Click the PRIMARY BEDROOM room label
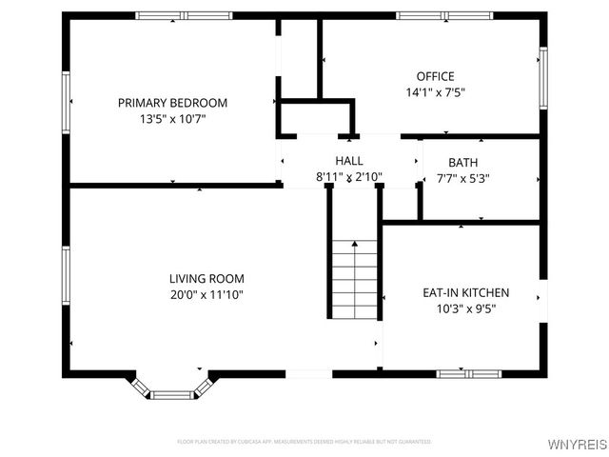tap(172, 103)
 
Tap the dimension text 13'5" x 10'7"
tap(172, 119)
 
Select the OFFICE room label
tap(435, 76)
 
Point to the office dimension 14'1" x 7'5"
tap(435, 92)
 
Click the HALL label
tap(348, 161)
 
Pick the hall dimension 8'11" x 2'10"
tap(348, 177)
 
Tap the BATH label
tap(463, 162)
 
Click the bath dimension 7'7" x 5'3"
tap(463, 178)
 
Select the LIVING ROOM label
tap(206, 279)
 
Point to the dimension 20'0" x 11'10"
tap(206, 295)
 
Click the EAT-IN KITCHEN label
tap(465, 292)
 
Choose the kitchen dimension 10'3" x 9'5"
tap(465, 308)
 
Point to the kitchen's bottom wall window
tap(465, 372)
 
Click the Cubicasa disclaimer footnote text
tap(304, 442)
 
